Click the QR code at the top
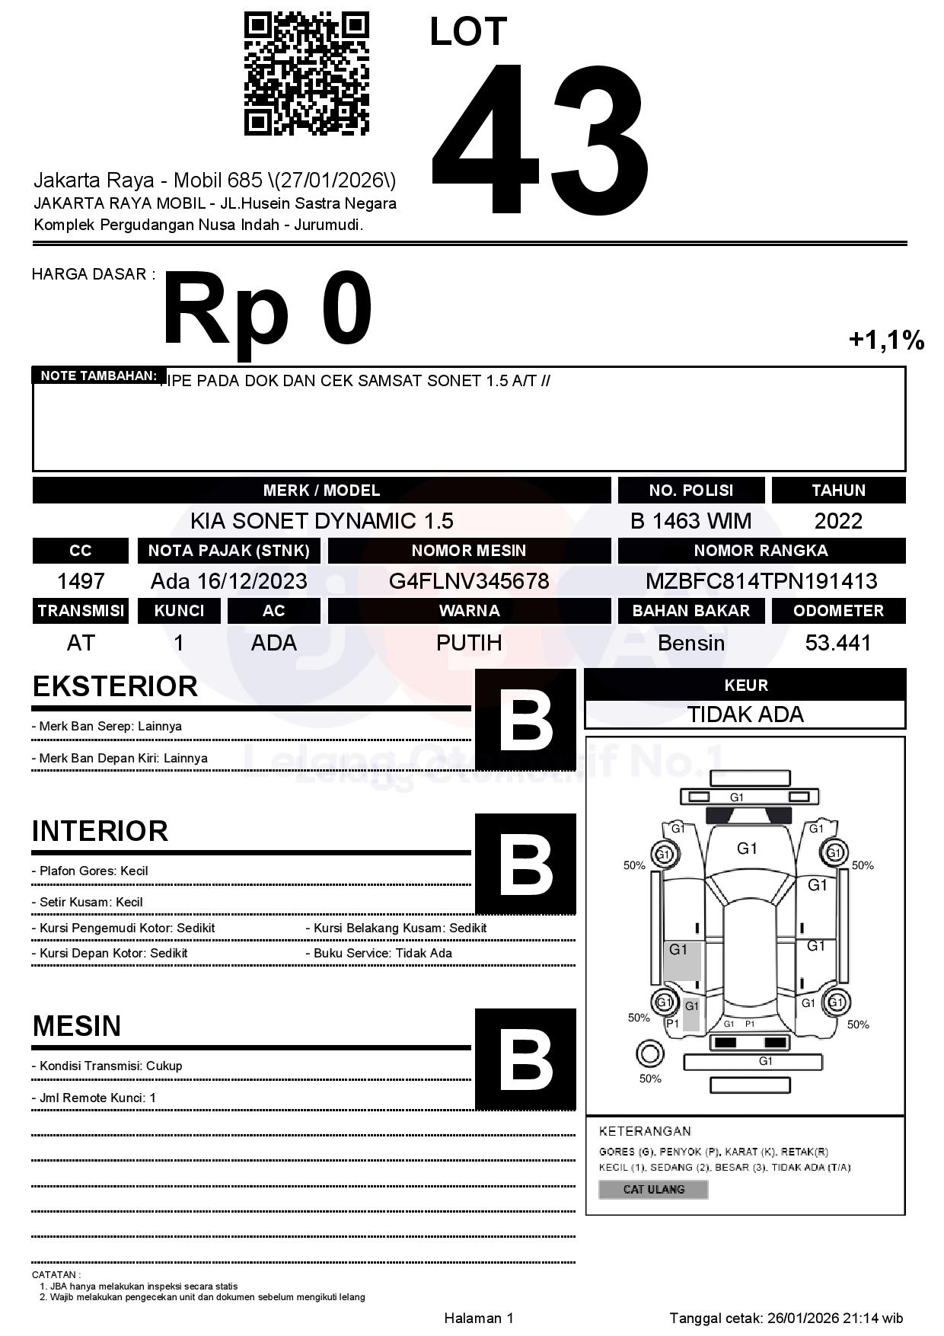(x=306, y=74)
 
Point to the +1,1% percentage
(x=886, y=340)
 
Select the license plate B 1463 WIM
(x=690, y=521)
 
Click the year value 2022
(x=838, y=521)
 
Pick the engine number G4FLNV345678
(x=469, y=581)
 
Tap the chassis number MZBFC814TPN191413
(x=761, y=581)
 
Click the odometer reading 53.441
(x=838, y=643)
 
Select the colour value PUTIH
(x=469, y=643)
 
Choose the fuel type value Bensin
(x=690, y=643)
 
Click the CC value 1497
(x=81, y=581)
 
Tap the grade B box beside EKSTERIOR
(x=525, y=720)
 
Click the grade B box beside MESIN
(x=525, y=1060)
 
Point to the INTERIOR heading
(x=100, y=831)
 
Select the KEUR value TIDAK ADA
(x=745, y=714)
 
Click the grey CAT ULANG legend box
(x=653, y=1189)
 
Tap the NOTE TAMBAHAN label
(x=99, y=376)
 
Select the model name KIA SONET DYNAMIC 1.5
(x=321, y=521)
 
